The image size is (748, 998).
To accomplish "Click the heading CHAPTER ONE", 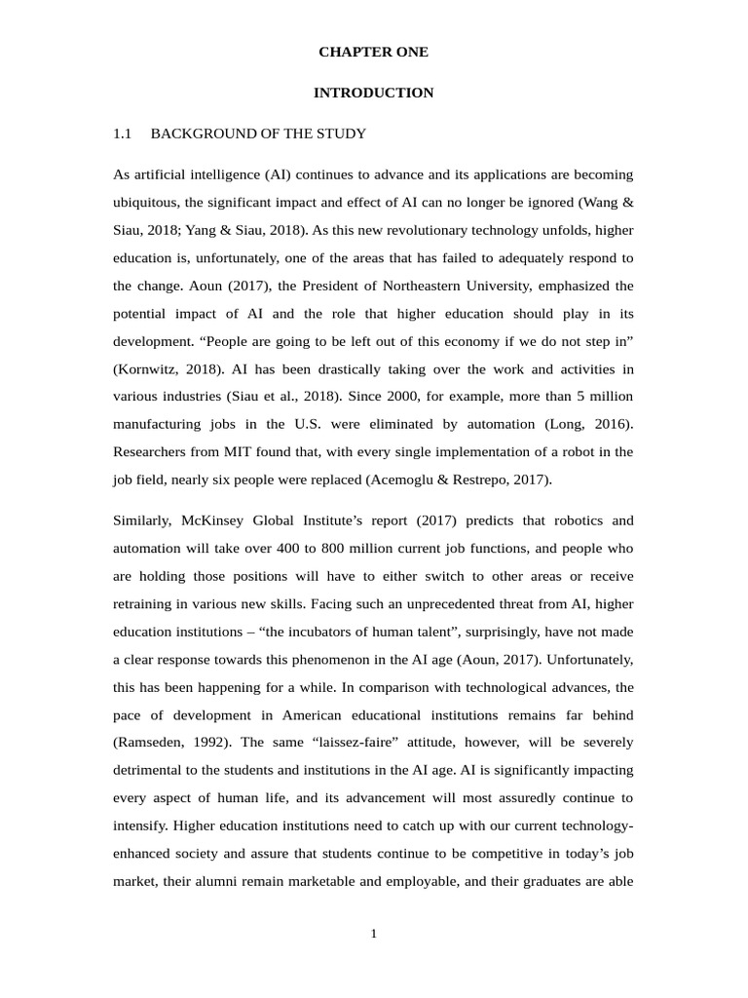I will [x=373, y=52].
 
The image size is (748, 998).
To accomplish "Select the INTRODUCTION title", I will [x=373, y=93].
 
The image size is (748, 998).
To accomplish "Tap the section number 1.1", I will [x=122, y=134].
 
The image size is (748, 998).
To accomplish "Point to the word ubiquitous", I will [x=145, y=203].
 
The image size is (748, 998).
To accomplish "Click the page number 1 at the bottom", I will [x=373, y=934].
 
